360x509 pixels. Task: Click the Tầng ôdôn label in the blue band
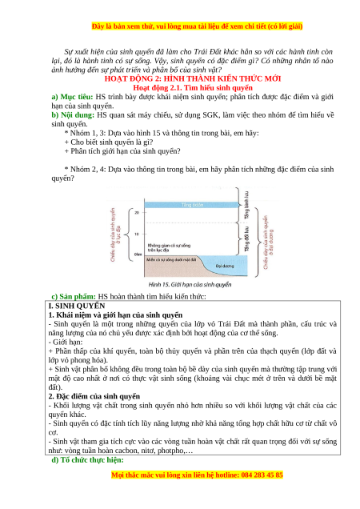192,205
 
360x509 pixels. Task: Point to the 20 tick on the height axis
137,213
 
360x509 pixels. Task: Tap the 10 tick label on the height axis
137,234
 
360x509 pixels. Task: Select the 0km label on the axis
138,254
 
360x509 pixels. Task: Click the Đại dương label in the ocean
225,266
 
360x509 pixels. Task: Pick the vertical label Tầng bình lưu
246,205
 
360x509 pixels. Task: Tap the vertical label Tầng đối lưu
246,239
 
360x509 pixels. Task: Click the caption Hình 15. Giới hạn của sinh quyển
190,285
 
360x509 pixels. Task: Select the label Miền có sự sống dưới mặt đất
171,259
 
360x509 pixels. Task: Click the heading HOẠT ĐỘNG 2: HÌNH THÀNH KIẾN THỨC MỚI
193,78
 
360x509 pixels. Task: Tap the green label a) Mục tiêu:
72,97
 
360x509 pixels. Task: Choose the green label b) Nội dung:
73,115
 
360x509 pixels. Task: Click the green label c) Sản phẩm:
74,296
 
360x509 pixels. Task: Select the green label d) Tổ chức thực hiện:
88,460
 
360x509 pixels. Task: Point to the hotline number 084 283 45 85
262,475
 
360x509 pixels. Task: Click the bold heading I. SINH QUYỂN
77,306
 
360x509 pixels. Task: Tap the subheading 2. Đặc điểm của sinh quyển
94,396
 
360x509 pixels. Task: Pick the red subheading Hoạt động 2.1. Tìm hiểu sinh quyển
193,88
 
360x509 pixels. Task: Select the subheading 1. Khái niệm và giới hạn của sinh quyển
115,315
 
